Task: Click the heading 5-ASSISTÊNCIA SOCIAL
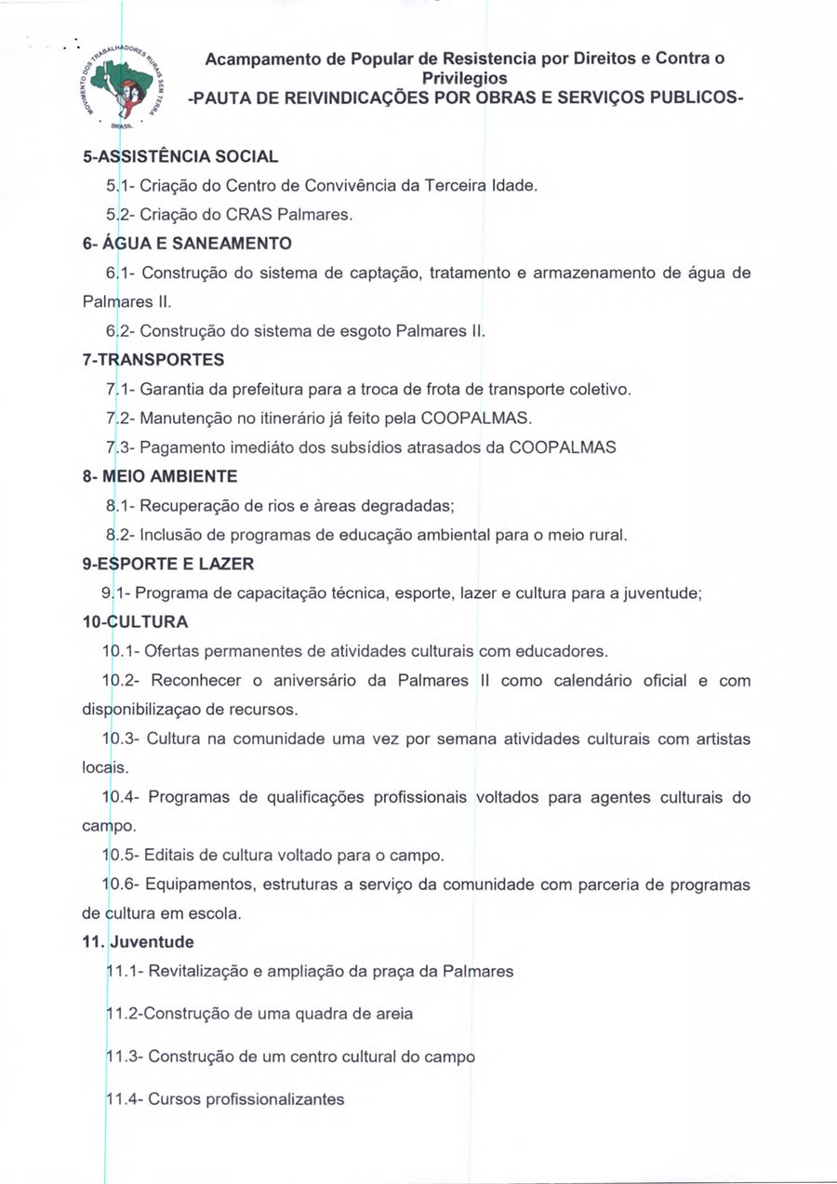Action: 180,156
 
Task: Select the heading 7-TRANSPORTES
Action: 153,359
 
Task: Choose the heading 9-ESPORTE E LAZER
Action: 168,564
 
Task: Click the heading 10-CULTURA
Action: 136,621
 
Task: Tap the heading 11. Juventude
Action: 139,942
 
